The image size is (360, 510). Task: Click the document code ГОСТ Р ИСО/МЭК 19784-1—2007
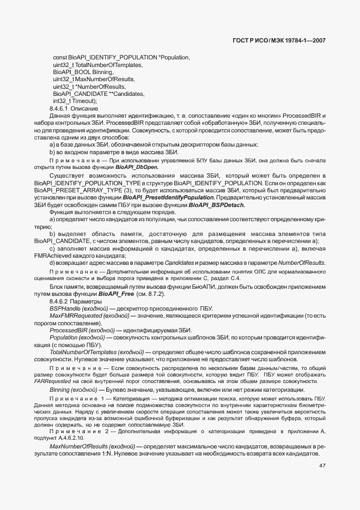point(295,40)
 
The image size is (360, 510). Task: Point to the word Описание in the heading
point(82,108)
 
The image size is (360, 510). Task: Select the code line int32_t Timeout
point(75,101)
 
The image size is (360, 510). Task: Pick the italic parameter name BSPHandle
point(65,308)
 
